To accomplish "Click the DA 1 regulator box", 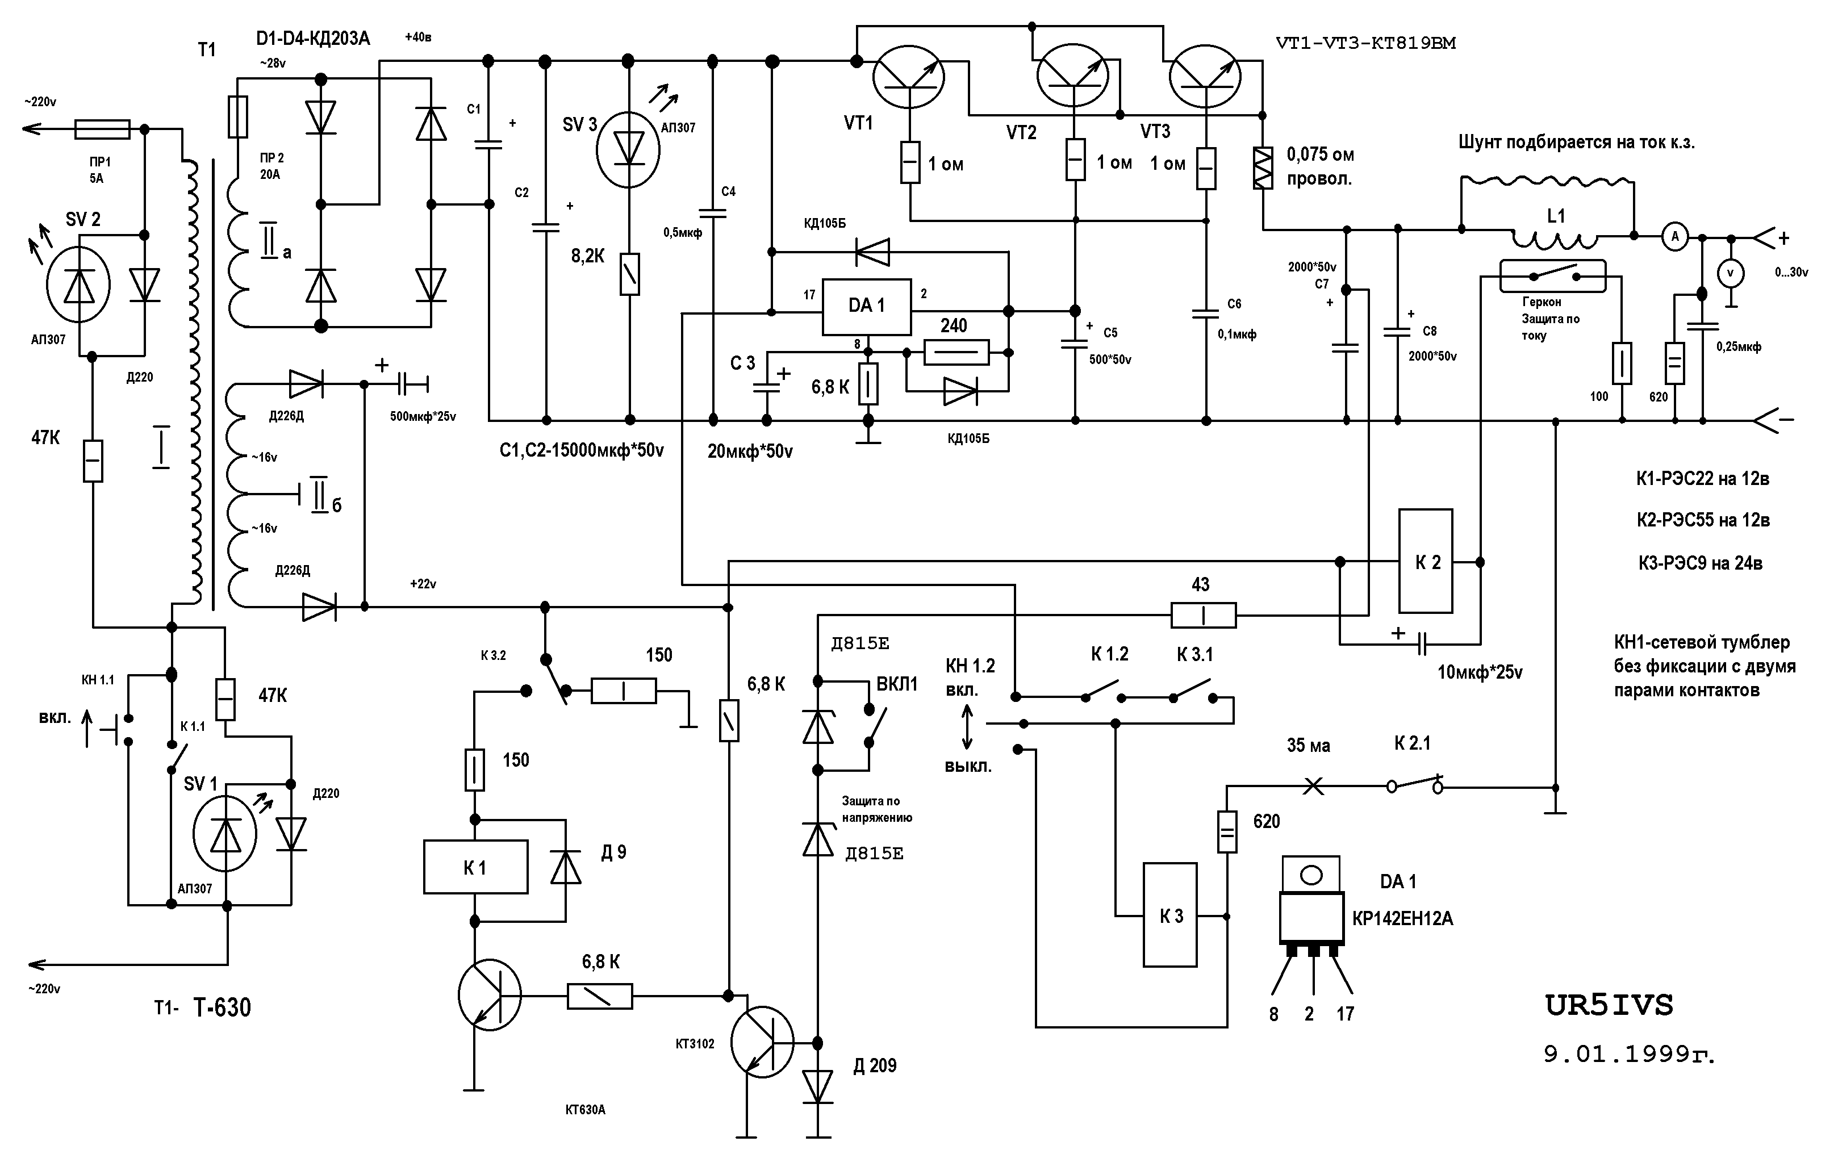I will point(866,307).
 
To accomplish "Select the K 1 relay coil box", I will point(475,867).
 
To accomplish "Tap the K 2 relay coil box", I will point(1425,562).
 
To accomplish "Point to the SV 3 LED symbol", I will point(628,149).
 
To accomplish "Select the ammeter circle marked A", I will point(1676,237).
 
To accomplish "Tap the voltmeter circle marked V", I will point(1731,273).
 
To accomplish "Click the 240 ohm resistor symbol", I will point(956,353).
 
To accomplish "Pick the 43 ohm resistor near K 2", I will point(1203,614).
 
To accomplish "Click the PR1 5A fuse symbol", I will point(102,129).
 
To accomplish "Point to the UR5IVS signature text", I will point(1609,1006).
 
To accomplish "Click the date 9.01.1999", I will point(1628,1055).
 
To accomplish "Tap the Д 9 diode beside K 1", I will point(566,868).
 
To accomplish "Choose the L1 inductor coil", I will point(1555,240).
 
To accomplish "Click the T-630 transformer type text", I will point(222,1007).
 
